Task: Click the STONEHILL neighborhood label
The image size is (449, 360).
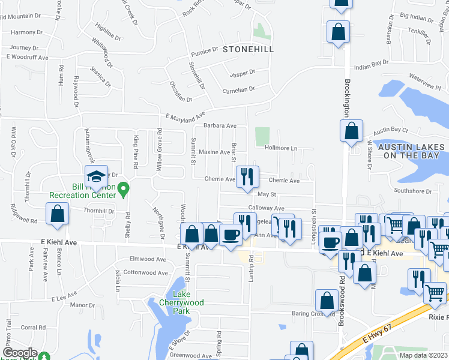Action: [x=248, y=51]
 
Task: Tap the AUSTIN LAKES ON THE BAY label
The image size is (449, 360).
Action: [x=412, y=151]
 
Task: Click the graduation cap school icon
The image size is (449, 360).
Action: [x=96, y=176]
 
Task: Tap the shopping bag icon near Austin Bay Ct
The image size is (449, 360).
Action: [x=351, y=131]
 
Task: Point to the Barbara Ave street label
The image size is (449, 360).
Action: [x=220, y=126]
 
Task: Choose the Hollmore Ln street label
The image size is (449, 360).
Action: [x=281, y=148]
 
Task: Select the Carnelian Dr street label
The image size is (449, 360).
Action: [x=239, y=89]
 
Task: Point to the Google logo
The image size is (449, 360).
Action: [x=20, y=353]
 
